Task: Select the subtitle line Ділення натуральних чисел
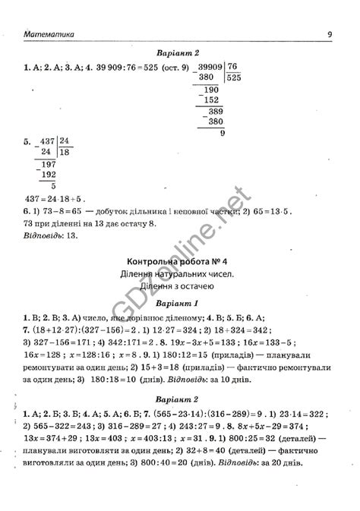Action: [x=180, y=273]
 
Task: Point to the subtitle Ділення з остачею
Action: [x=180, y=286]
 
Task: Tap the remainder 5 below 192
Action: [x=52, y=186]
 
